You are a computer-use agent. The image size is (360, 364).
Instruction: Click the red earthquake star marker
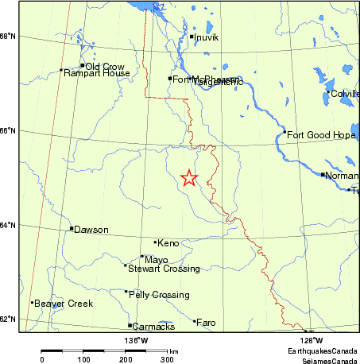point(188,178)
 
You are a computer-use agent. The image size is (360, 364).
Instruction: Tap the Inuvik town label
point(206,37)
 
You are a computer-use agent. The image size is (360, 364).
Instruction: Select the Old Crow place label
point(103,66)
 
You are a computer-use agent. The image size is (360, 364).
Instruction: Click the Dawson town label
point(91,230)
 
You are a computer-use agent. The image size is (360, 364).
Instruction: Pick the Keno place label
point(168,242)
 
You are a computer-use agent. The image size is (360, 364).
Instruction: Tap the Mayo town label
point(156,259)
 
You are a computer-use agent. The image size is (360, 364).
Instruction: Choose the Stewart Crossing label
point(164,269)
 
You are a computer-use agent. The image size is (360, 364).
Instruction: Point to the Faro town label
point(205,323)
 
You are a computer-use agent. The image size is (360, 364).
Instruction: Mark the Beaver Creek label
point(63,304)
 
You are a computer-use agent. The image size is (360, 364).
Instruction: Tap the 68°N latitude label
point(8,37)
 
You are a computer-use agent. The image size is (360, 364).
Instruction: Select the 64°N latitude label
point(8,226)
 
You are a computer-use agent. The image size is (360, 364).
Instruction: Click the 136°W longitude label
point(135,341)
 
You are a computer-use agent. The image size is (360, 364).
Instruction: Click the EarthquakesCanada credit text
point(322,351)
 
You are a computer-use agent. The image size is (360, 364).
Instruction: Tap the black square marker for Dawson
point(72,229)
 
